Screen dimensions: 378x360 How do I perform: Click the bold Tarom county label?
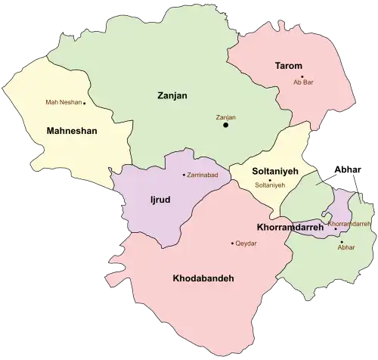coord(288,66)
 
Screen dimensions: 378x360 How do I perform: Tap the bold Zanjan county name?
coord(172,96)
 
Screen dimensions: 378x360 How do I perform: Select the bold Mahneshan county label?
coord(72,130)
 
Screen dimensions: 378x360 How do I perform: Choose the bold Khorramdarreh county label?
coord(290,227)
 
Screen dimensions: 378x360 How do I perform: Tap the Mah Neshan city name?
coord(63,102)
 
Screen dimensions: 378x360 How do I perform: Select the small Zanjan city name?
coord(225,116)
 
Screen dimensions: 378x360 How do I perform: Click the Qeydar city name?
coord(247,243)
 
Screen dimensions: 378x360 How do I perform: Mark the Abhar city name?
coord(346,247)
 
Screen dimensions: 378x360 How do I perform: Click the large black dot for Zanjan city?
coord(225,126)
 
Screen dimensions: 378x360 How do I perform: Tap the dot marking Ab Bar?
coord(302,76)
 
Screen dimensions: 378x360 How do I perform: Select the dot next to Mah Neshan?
coord(85,103)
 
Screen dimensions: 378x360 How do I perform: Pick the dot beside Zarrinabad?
coord(184,175)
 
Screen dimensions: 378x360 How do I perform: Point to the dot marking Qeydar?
coord(232,243)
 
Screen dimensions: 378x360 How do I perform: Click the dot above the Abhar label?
coord(342,241)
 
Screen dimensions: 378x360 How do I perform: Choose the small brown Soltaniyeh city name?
coord(271,185)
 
